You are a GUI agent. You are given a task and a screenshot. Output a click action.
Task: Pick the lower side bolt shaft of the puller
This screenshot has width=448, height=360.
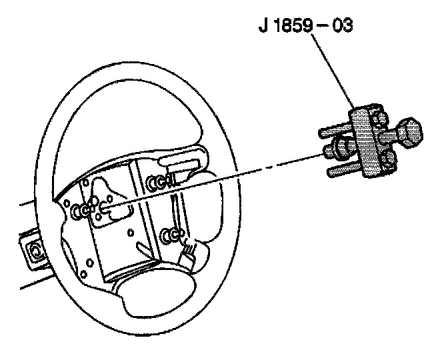pos(343,171)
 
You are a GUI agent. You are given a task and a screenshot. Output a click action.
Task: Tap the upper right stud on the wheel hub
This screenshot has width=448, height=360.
pos(156,181)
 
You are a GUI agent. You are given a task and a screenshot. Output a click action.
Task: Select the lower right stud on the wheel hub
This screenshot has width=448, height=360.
pos(171,234)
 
